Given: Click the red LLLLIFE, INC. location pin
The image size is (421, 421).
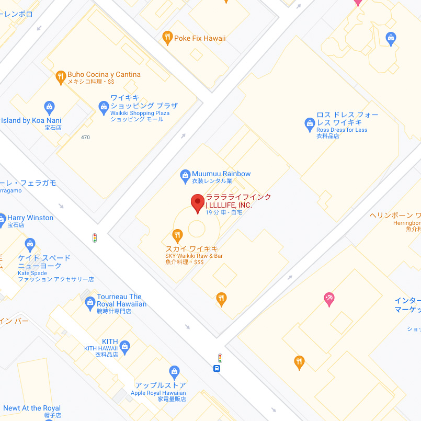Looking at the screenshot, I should (x=198, y=203).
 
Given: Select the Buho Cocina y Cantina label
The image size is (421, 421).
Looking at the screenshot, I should (x=104, y=75).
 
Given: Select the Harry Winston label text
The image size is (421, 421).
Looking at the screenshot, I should (x=30, y=218).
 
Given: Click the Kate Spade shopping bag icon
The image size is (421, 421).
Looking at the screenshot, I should (x=30, y=244).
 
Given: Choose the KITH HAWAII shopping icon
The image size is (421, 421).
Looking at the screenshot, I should (x=124, y=346).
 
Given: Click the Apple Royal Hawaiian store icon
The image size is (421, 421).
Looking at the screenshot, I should (x=175, y=372).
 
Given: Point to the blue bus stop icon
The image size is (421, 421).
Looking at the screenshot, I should (x=217, y=368).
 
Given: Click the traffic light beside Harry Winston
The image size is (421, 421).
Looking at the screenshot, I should (x=95, y=238).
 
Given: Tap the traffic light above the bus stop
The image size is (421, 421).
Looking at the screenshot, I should (x=220, y=358).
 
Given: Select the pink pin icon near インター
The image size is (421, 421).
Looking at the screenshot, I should (x=329, y=299).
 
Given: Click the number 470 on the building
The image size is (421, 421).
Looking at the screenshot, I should (x=86, y=138).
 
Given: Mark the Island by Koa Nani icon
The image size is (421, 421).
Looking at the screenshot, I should (x=50, y=108).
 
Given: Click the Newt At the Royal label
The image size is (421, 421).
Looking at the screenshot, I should (x=32, y=408).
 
